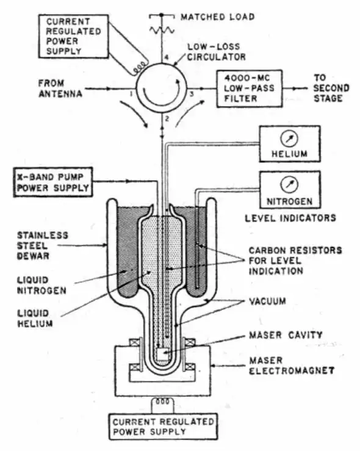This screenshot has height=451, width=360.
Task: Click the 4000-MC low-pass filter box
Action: [x=250, y=88]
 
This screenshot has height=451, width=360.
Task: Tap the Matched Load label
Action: [x=218, y=17]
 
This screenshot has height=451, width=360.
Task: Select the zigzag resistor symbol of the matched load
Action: [x=162, y=30]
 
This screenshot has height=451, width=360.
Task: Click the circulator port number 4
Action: [x=166, y=57]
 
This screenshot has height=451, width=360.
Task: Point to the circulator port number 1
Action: [x=131, y=94]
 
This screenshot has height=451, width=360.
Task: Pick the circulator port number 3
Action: [x=192, y=94]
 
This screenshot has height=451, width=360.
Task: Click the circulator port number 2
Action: [x=167, y=118]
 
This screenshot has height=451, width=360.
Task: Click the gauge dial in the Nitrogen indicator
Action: [x=289, y=184]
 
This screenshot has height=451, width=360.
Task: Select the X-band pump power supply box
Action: [x=53, y=182]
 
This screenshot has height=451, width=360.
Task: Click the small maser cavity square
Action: [x=162, y=354]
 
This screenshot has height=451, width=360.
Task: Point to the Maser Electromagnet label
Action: [x=292, y=366]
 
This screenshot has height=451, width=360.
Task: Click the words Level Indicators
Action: [x=290, y=218]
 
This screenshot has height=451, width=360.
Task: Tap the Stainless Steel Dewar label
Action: [x=43, y=245]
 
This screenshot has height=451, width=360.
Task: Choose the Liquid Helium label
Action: [x=35, y=318]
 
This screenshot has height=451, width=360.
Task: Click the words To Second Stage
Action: [x=331, y=88]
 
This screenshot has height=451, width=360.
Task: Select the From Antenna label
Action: [x=60, y=88]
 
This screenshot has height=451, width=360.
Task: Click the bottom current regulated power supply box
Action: [x=163, y=427]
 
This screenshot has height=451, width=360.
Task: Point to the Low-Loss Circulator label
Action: [x=216, y=51]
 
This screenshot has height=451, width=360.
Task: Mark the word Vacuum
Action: [x=267, y=301]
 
